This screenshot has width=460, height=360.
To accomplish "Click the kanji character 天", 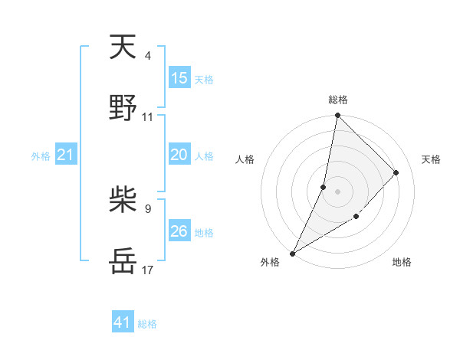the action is [x=123, y=47].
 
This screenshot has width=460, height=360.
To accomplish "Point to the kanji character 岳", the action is [x=123, y=261].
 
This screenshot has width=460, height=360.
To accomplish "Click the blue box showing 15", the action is [x=179, y=78].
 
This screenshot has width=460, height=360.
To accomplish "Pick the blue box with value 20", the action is [x=179, y=155].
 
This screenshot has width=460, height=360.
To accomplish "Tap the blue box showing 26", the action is [x=179, y=231].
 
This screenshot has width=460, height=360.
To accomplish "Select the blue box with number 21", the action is [x=66, y=155].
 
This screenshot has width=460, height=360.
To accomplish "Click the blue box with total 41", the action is [x=123, y=322].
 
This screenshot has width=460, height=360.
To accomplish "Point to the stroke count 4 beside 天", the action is [x=147, y=56].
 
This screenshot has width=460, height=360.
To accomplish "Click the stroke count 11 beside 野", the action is [x=147, y=116].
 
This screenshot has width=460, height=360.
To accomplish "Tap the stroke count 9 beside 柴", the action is [x=147, y=208].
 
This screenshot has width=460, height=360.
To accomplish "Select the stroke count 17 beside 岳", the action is [x=147, y=270].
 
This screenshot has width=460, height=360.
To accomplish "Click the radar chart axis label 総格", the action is [x=337, y=100].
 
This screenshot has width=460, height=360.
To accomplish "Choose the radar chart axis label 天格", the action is [x=431, y=159].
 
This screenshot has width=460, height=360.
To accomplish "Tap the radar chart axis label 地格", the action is [x=402, y=263].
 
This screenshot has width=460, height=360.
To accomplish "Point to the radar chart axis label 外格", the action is [x=270, y=263].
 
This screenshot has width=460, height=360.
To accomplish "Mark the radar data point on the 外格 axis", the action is [x=293, y=253].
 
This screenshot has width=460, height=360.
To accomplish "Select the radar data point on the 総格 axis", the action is [x=337, y=116].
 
